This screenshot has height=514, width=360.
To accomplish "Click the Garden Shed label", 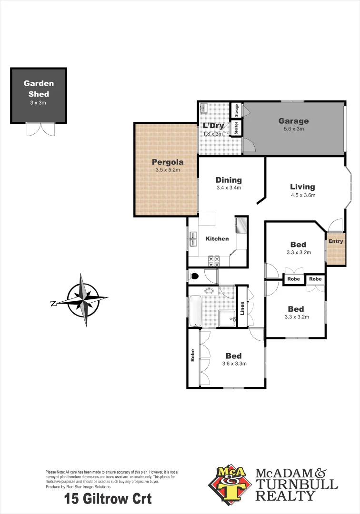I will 39,89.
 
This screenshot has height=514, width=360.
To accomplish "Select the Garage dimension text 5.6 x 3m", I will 293,129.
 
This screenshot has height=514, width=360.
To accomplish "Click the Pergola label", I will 167,162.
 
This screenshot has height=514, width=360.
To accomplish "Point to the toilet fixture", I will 194,276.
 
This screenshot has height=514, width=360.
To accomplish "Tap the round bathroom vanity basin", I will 210,291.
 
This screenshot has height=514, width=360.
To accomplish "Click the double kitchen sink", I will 194,238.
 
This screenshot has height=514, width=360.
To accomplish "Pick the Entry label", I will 336,241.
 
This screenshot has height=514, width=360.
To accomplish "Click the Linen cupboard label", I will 242,308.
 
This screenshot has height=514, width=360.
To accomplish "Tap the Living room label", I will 302,187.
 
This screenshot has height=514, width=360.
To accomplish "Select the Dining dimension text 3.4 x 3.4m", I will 229,188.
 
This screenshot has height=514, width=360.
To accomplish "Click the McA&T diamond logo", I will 228,484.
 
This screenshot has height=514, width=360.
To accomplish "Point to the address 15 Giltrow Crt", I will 108,499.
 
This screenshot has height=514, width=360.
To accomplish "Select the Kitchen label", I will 217,238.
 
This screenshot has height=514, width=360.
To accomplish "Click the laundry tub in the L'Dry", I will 204,109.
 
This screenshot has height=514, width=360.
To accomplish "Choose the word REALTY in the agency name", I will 285,496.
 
